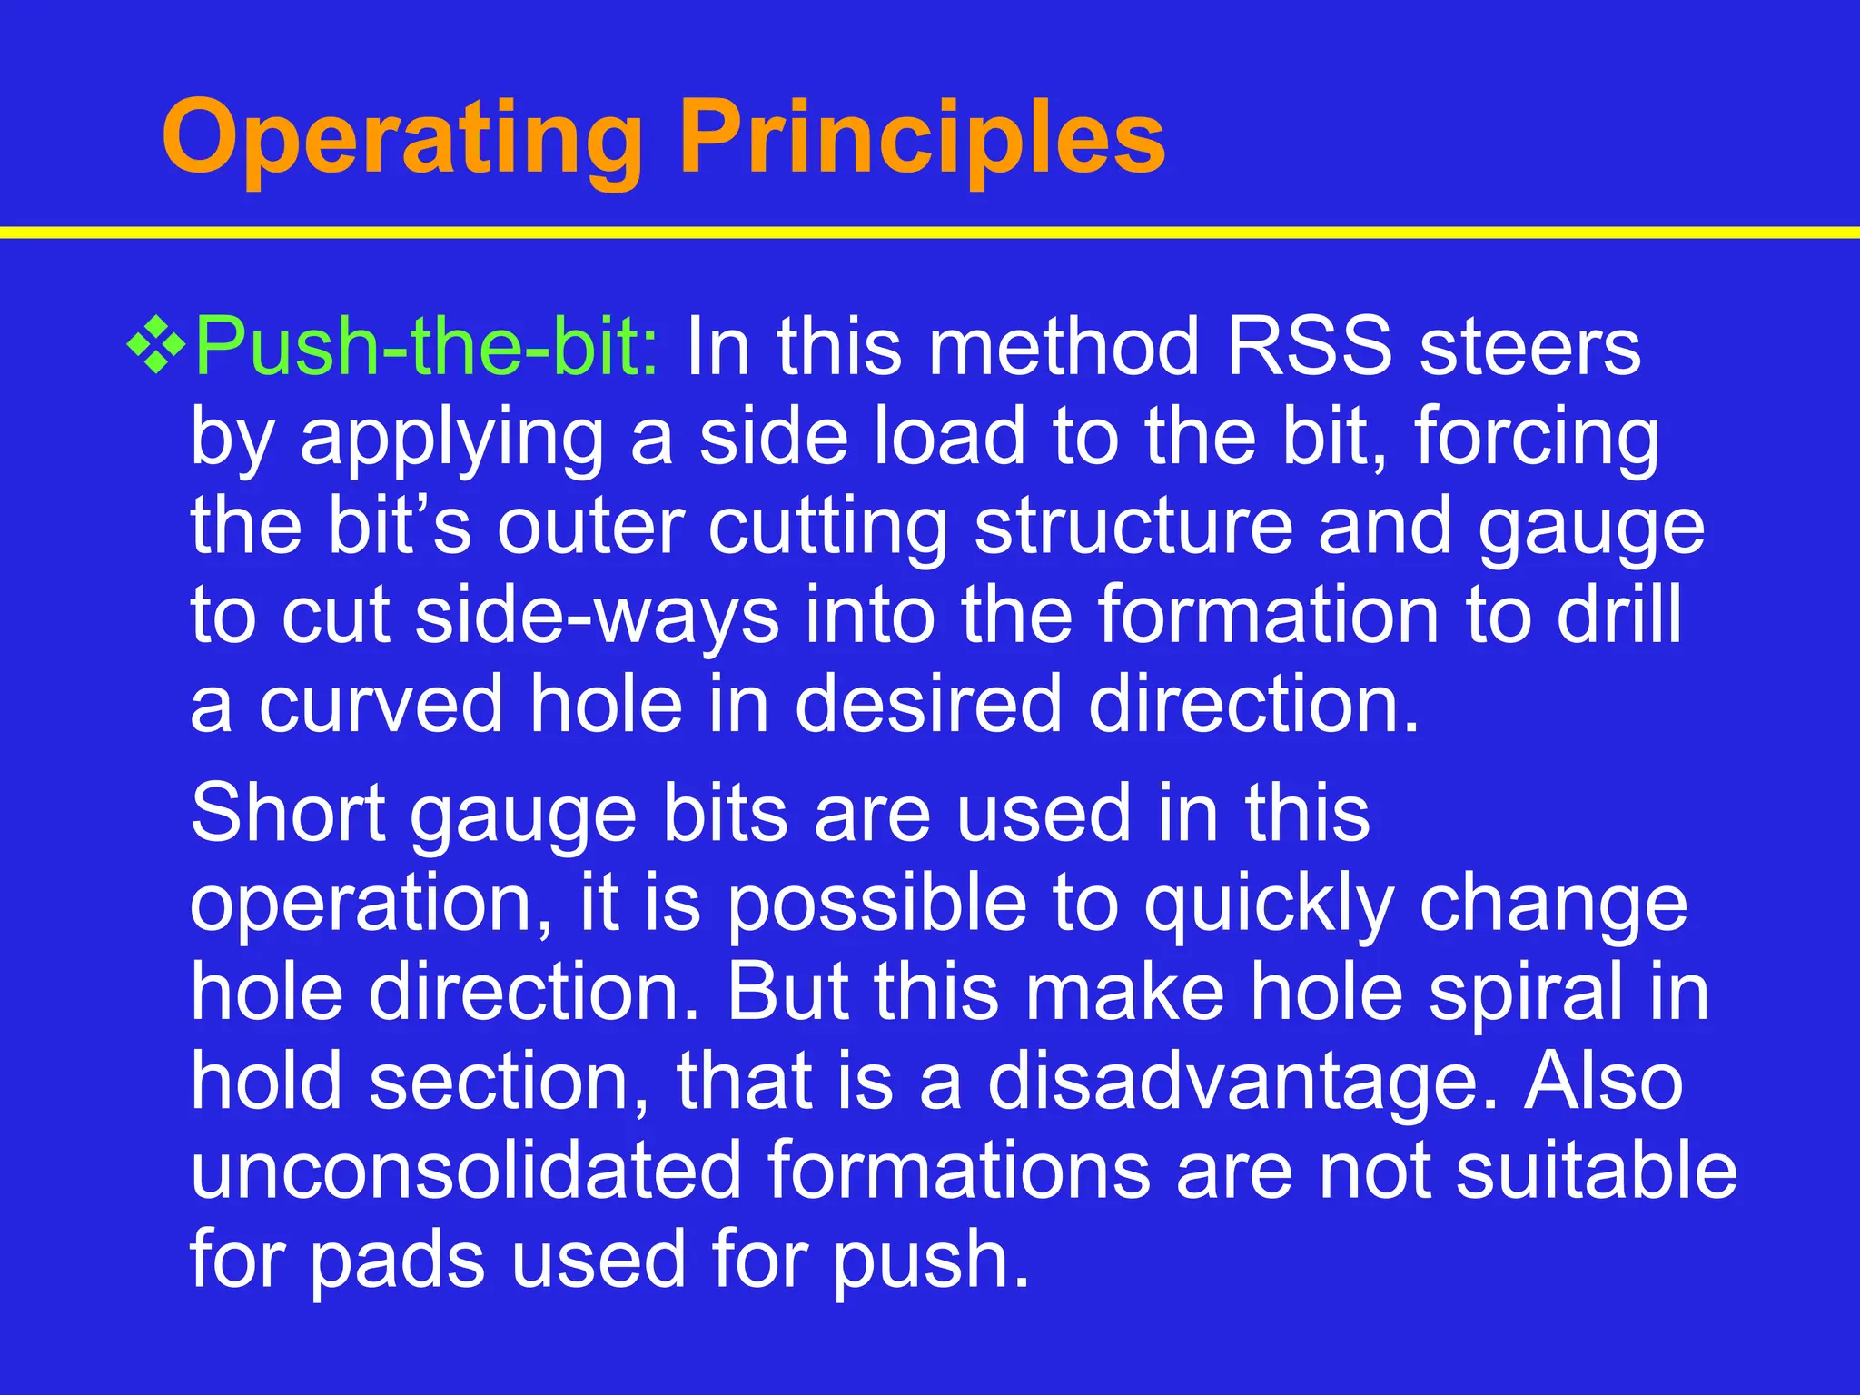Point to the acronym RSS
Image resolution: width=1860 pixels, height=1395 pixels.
pyautogui.click(x=1309, y=348)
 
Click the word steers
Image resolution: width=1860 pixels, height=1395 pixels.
pyautogui.click(x=1529, y=348)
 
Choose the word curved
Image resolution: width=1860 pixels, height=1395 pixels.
pyautogui.click(x=381, y=706)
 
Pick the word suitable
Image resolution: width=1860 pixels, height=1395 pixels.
pyautogui.click(x=1596, y=1172)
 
